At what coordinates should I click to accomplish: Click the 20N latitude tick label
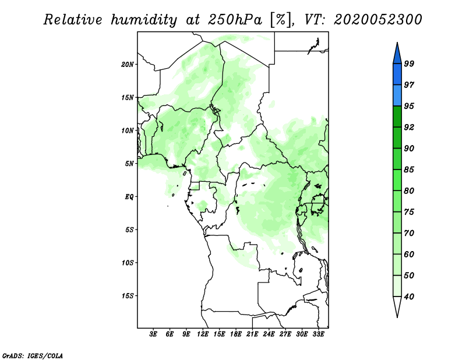click(x=128, y=65)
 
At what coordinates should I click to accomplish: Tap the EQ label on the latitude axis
click(x=129, y=197)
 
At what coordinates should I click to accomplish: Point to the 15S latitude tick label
click(x=128, y=296)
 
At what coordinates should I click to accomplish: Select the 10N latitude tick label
click(x=128, y=130)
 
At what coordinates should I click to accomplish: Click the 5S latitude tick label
click(x=129, y=230)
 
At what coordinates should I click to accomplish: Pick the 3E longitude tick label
click(x=153, y=334)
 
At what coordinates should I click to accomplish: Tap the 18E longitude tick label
click(x=236, y=334)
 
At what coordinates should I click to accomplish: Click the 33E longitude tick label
click(x=318, y=334)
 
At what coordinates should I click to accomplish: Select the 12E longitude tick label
click(x=203, y=334)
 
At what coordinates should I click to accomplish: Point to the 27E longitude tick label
click(x=285, y=334)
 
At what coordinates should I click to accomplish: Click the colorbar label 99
click(x=409, y=63)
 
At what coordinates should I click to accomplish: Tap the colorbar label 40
click(x=409, y=297)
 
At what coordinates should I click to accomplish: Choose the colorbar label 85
click(x=409, y=170)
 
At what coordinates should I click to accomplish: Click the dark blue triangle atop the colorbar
click(x=397, y=55)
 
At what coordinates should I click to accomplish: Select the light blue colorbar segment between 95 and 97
click(x=397, y=96)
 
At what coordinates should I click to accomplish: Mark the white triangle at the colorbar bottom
click(x=397, y=305)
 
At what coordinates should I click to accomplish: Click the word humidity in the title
click(x=144, y=20)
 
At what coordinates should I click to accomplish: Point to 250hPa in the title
click(x=235, y=20)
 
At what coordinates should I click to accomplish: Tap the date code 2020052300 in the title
click(x=377, y=20)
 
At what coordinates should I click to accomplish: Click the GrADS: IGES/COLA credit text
click(x=33, y=356)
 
